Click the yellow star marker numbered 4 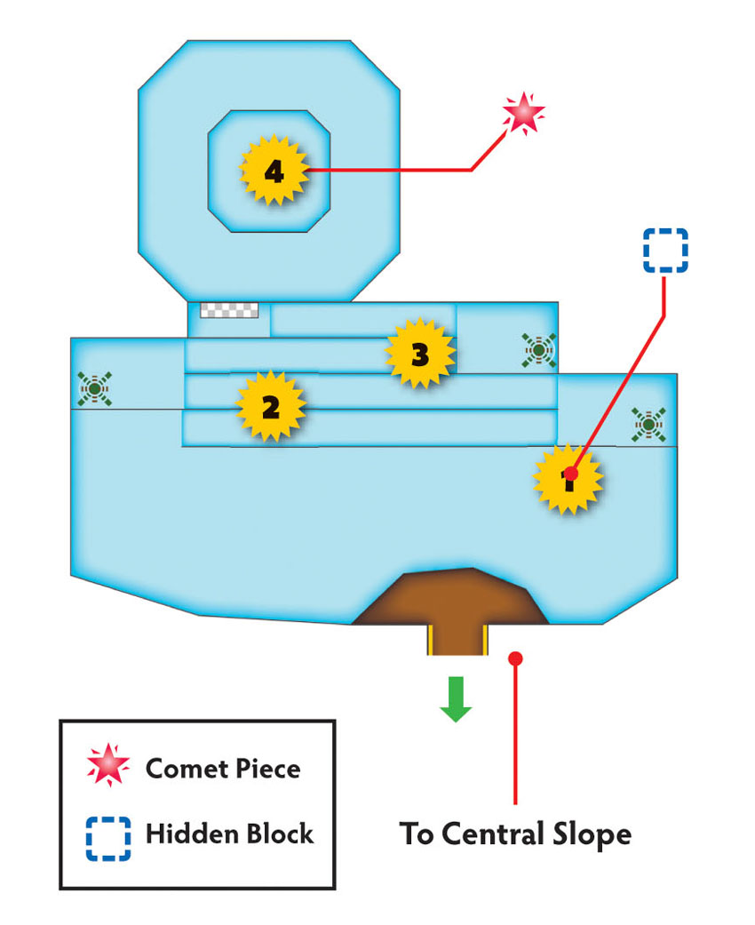click(274, 171)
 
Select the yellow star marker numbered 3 click(420, 354)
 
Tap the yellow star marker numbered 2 click(271, 406)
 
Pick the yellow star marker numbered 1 click(568, 479)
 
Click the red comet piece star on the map click(523, 113)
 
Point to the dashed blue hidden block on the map click(665, 250)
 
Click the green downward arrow click(456, 699)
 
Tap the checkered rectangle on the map click(229, 310)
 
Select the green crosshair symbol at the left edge click(94, 389)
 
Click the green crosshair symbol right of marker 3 click(539, 350)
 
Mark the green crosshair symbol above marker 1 click(648, 425)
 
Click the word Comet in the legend click(187, 769)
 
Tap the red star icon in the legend click(108, 765)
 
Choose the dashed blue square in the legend click(108, 839)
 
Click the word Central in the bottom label click(493, 834)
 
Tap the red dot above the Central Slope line click(515, 658)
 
